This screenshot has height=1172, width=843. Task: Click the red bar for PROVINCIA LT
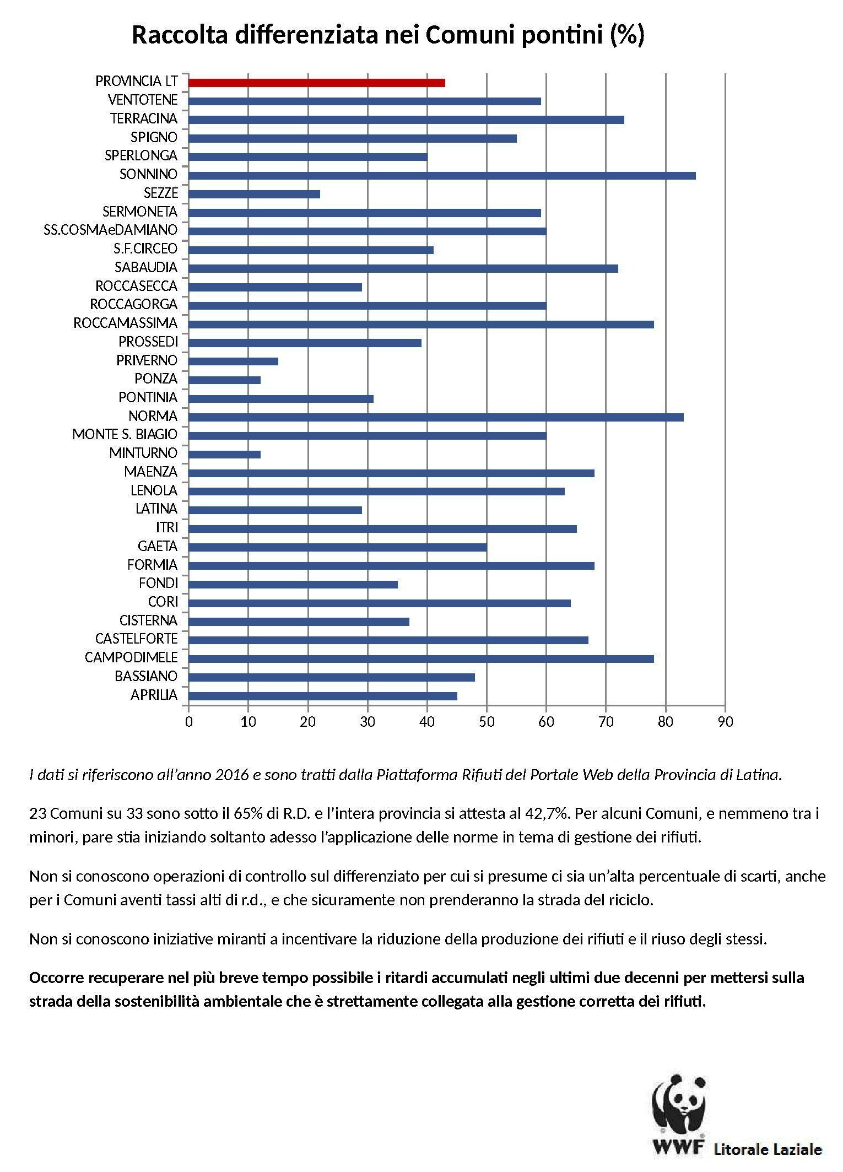[x=317, y=83]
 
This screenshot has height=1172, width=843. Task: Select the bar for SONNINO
[x=442, y=176]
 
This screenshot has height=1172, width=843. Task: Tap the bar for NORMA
[x=436, y=417]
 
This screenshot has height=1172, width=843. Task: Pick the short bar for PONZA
[x=224, y=380]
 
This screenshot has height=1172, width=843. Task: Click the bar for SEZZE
[x=254, y=194]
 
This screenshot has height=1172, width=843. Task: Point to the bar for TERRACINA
[x=406, y=120]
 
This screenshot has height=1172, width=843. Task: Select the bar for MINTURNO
[x=224, y=455]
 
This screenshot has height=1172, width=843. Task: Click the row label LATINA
[x=156, y=509]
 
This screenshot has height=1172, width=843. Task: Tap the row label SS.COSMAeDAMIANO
[x=111, y=230]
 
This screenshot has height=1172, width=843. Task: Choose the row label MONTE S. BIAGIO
[x=125, y=435]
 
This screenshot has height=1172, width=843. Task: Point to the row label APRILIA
[x=154, y=695]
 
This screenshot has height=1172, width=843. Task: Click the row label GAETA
[x=158, y=546]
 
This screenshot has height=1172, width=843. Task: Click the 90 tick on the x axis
[x=726, y=722]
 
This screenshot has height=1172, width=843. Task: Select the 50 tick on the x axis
[x=487, y=722]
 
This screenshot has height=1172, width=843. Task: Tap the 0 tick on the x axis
[x=189, y=722]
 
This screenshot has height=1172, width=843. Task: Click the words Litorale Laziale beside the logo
[x=768, y=1150]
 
